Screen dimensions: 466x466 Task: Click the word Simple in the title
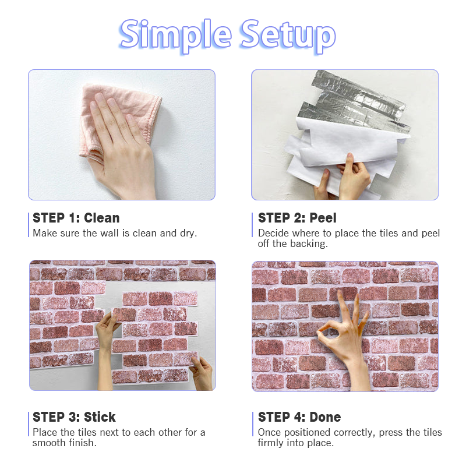[x=175, y=36]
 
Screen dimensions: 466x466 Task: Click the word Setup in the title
[x=288, y=36]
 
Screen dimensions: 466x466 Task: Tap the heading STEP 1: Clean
[x=76, y=218]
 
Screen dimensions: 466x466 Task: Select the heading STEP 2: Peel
[x=297, y=218]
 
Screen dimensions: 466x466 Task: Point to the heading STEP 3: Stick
[x=74, y=417]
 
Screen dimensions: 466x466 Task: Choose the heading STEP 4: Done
[x=299, y=417]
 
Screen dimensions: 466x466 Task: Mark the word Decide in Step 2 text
[x=273, y=234]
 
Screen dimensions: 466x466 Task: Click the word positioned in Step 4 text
[x=308, y=433]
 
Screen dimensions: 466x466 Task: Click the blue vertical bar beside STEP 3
[x=29, y=424]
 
